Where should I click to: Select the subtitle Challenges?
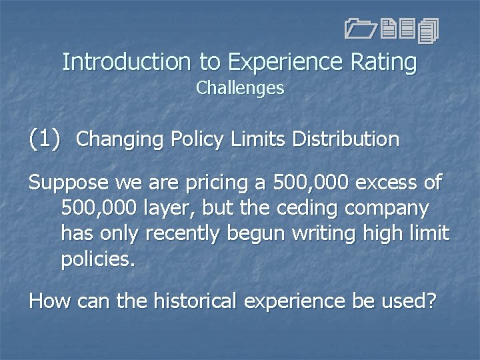click(x=240, y=88)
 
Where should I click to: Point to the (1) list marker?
click(x=45, y=139)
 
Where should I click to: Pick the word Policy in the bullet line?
click(x=193, y=139)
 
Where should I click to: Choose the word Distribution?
click(x=346, y=139)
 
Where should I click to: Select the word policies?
click(x=98, y=259)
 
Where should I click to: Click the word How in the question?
click(x=51, y=301)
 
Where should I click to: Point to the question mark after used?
click(x=431, y=301)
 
